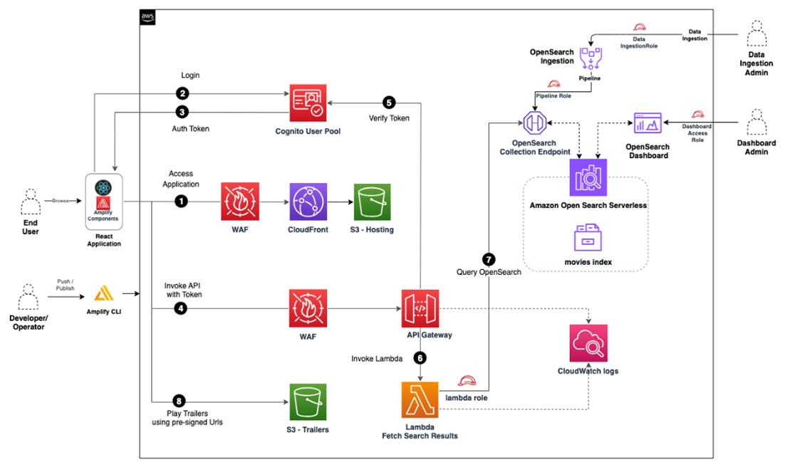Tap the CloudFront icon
[x=308, y=202]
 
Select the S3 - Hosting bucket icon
[x=372, y=202]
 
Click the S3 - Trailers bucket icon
[x=308, y=402]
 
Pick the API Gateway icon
[x=420, y=308]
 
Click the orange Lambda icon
[x=420, y=399]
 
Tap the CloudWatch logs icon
[x=588, y=343]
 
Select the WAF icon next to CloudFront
[x=240, y=202]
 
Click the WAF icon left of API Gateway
[x=308, y=308]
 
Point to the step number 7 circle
[x=489, y=259]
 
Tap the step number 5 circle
[x=388, y=102]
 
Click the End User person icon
[x=30, y=201]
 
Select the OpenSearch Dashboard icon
[x=648, y=125]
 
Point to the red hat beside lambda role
[x=468, y=382]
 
